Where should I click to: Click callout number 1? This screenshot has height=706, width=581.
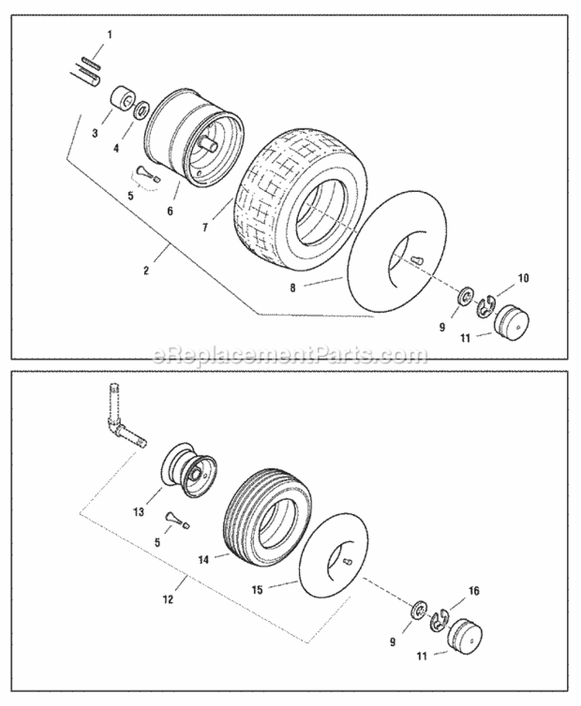(109, 35)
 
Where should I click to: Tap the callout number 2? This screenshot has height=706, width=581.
(147, 270)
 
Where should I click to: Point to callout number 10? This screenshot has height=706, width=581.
(523, 276)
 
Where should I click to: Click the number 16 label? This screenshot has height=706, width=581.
(474, 591)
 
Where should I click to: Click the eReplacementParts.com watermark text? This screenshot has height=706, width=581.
(290, 355)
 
